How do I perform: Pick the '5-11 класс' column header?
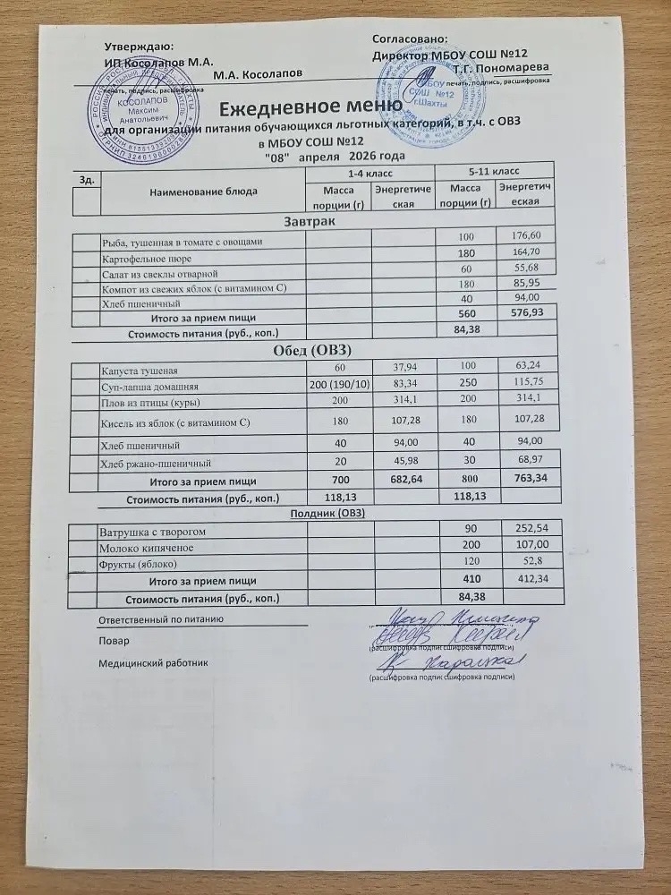tap(490, 170)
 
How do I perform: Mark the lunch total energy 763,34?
tap(526, 480)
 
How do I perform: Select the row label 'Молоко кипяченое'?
tap(145, 547)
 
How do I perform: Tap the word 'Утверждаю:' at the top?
tap(140, 46)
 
